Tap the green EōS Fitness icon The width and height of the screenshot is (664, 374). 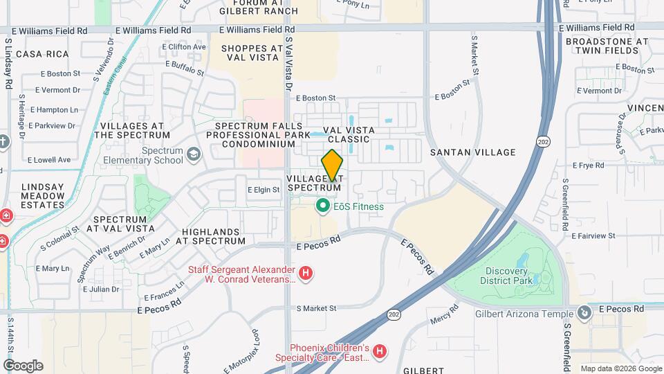(x=322, y=206)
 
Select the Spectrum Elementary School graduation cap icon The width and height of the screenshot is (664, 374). (x=193, y=154)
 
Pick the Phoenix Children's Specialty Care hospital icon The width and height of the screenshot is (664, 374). (x=379, y=352)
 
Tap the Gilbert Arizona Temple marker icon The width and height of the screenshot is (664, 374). (x=585, y=313)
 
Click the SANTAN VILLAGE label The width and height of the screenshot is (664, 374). (x=472, y=152)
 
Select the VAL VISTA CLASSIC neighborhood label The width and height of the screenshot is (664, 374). (x=349, y=134)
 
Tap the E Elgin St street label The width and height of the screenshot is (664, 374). (x=263, y=189)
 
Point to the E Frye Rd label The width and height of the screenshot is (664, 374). (x=589, y=165)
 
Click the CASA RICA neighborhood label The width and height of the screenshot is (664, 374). (x=42, y=54)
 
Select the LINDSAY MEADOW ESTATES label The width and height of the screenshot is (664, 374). (x=43, y=195)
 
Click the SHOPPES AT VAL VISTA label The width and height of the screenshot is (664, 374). (x=253, y=53)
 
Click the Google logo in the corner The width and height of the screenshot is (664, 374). (x=23, y=365)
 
